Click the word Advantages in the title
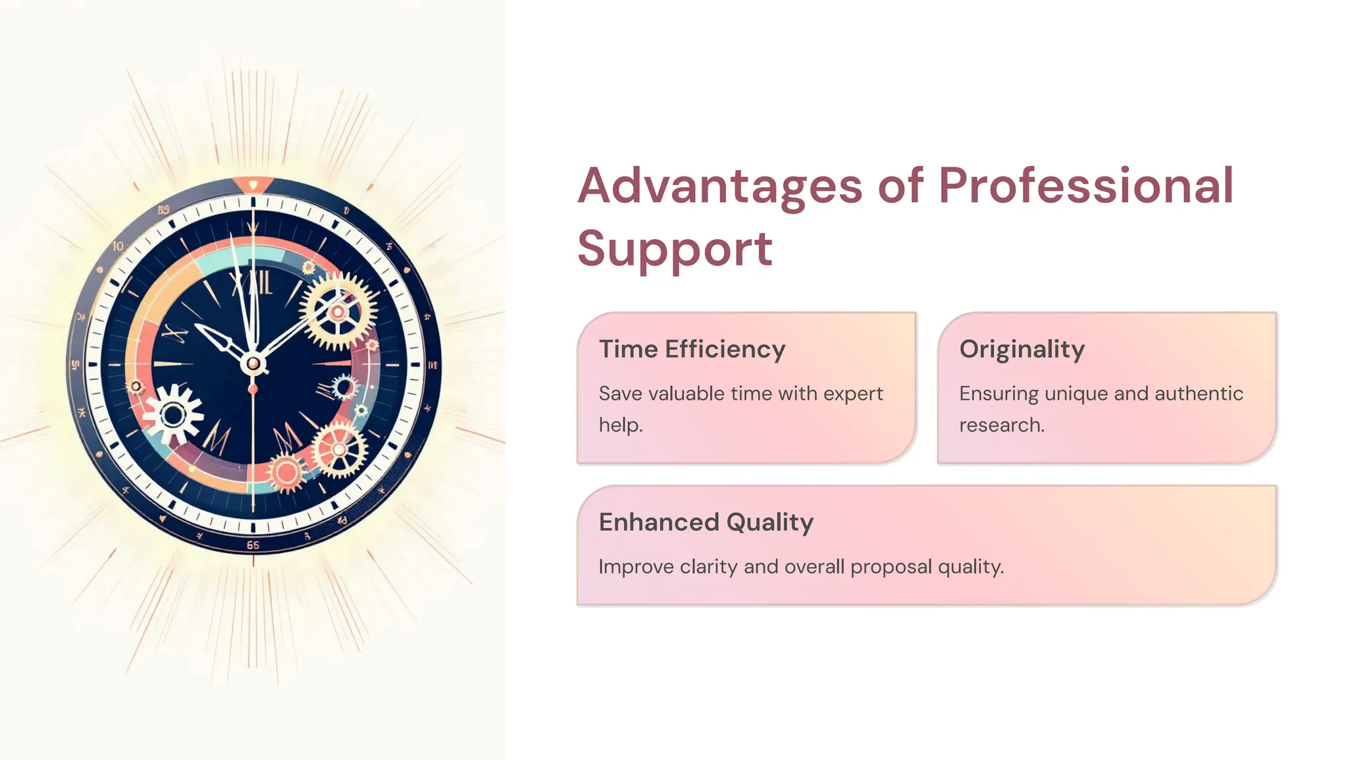719,186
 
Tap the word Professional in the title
1085,186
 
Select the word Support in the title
675,249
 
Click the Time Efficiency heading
692,349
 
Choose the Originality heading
1022,349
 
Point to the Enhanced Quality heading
706,522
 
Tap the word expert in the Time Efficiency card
853,394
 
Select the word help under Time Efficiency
619,425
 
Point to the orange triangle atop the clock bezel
253,184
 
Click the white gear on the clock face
173,415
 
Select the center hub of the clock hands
253,363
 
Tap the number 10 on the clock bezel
118,246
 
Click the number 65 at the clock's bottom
253,545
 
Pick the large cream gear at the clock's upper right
338,312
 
